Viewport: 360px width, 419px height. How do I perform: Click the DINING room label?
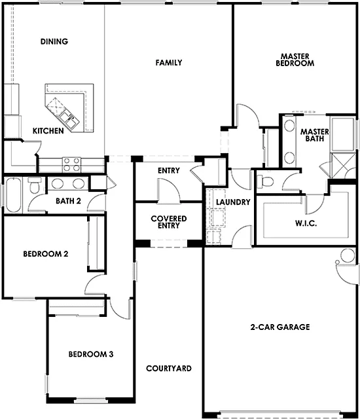(54, 42)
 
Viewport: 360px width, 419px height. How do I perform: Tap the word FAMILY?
(168, 63)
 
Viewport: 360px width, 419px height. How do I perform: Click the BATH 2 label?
(68, 201)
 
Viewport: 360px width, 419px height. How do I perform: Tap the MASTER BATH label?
(314, 135)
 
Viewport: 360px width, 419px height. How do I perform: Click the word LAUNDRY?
(228, 202)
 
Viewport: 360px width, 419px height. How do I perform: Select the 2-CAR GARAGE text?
(279, 327)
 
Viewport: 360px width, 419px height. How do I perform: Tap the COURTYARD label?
(169, 369)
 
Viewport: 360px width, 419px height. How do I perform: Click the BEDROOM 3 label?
(92, 354)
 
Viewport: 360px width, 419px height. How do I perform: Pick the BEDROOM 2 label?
(46, 254)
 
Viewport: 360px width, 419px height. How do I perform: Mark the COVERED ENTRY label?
(168, 222)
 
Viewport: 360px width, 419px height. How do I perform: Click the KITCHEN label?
(48, 131)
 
